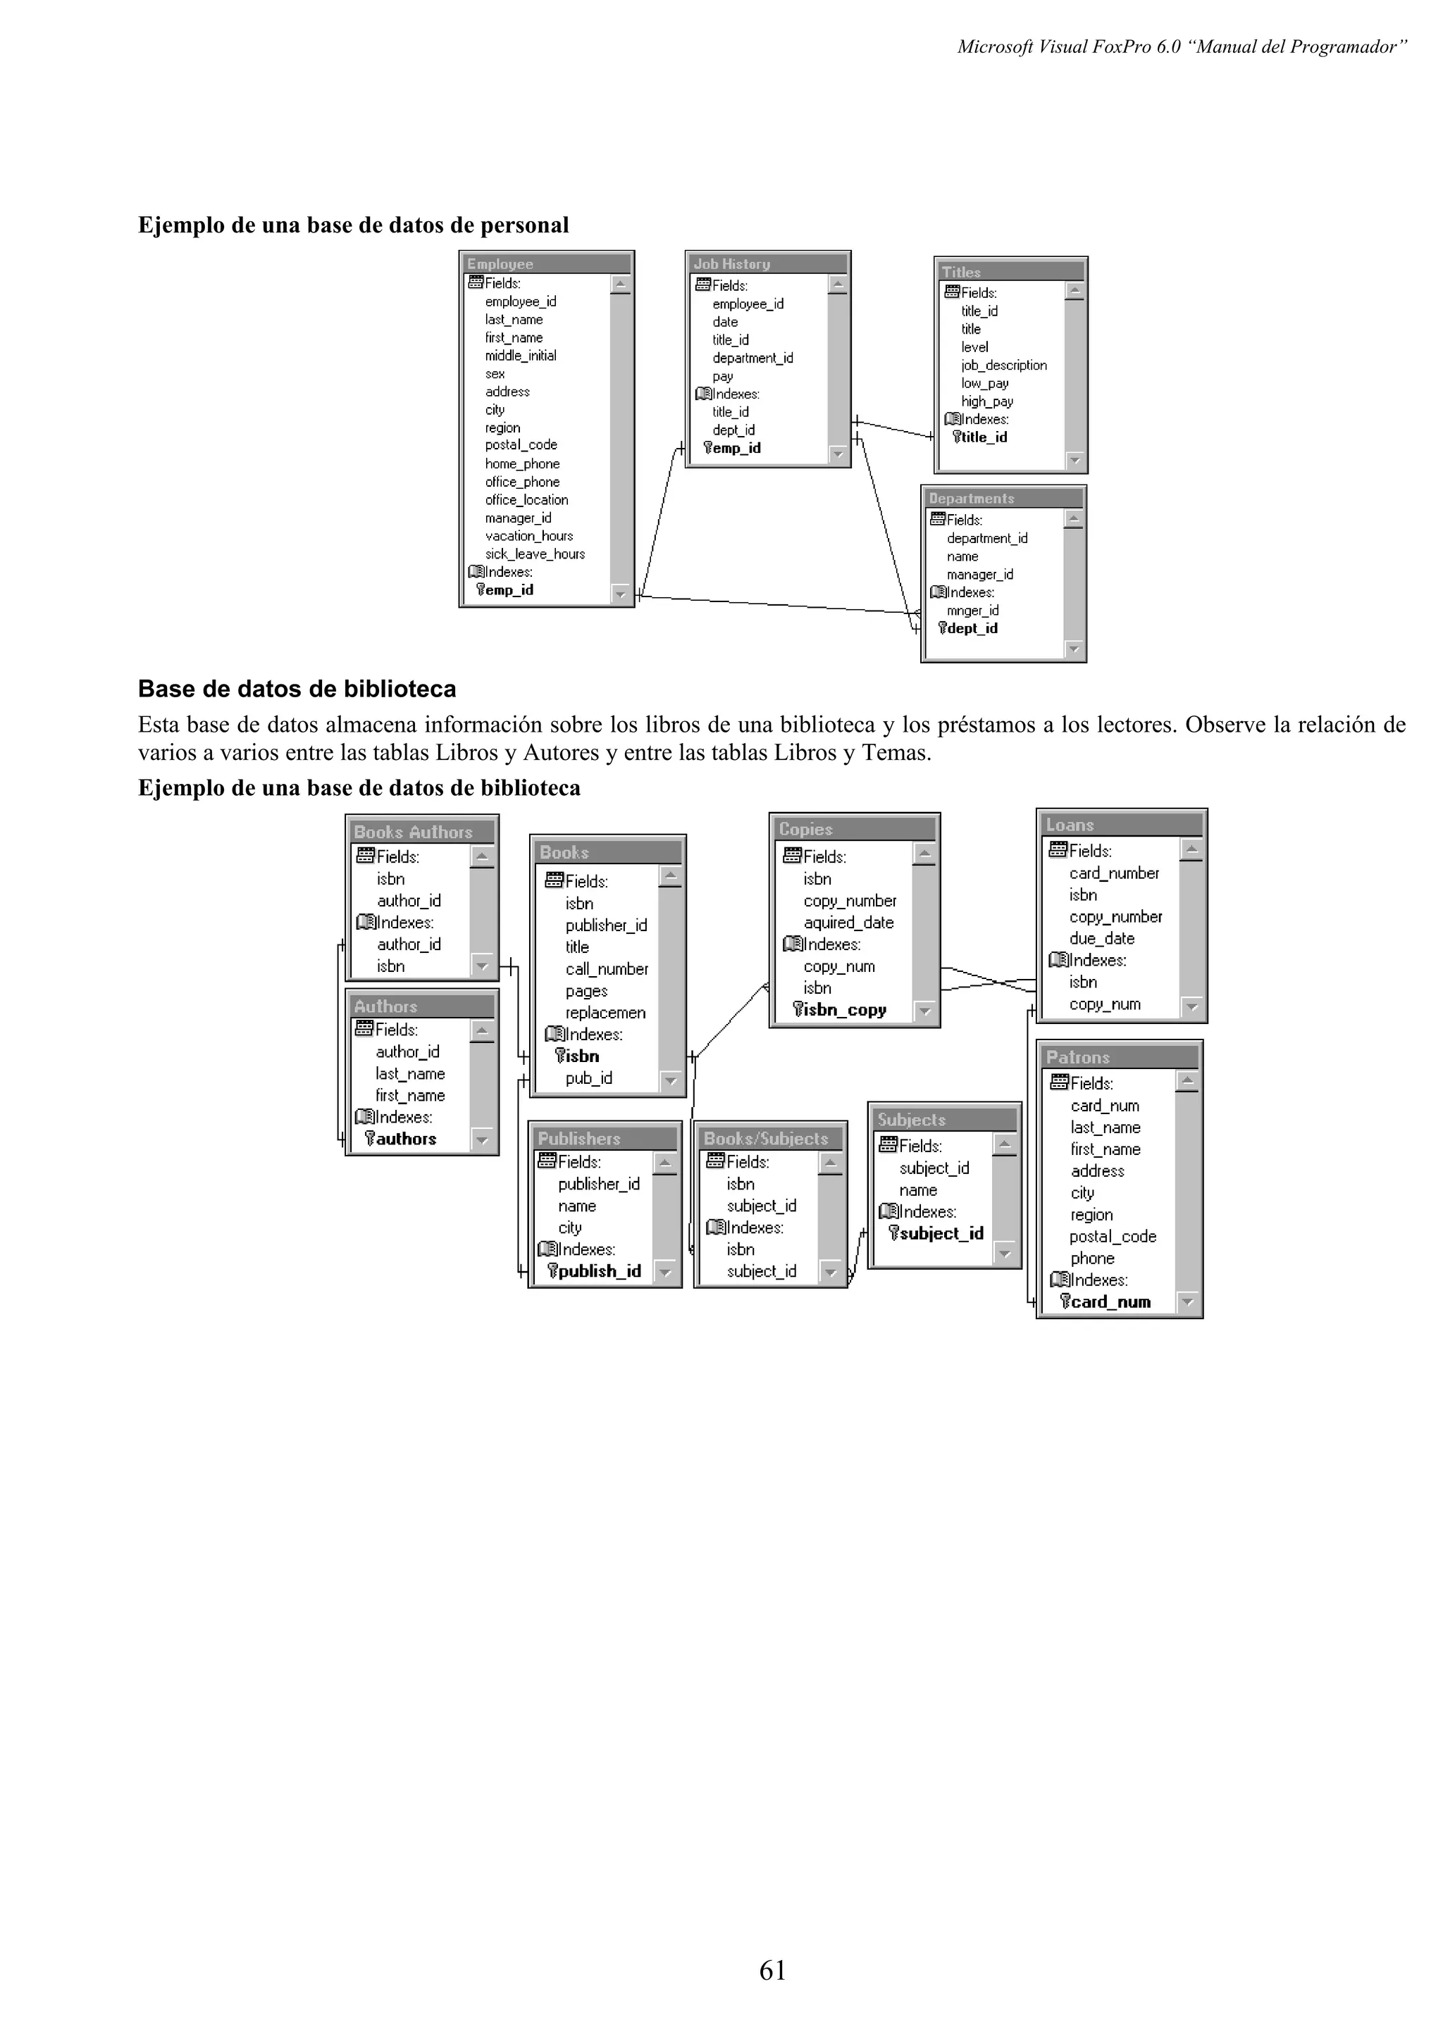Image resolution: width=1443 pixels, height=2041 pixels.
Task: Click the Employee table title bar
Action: (x=500, y=264)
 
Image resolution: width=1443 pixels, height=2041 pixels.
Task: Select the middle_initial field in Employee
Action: (x=521, y=356)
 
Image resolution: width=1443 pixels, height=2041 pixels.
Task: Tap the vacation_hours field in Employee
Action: (x=529, y=536)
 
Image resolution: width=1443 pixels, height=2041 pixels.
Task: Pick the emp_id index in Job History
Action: (x=736, y=448)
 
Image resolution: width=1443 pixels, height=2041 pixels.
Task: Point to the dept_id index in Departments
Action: (x=972, y=628)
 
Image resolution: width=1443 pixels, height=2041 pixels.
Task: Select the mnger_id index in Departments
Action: (x=972, y=611)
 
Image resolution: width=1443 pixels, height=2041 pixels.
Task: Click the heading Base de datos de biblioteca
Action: (x=297, y=689)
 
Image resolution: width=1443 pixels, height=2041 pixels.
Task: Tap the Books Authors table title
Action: (x=414, y=832)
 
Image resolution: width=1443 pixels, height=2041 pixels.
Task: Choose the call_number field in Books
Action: (x=607, y=969)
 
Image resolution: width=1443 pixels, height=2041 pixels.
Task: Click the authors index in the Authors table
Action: (x=405, y=1139)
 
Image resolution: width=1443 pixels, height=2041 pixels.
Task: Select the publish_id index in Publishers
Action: (x=599, y=1271)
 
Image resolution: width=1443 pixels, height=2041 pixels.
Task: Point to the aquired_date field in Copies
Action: (x=848, y=923)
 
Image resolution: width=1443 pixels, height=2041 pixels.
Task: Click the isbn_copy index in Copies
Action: (x=845, y=1010)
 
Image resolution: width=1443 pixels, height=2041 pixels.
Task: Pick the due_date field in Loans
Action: (x=1101, y=939)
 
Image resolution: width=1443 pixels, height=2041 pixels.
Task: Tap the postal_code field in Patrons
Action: (x=1113, y=1237)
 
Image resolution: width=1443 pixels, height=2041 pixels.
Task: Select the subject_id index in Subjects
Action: (x=941, y=1234)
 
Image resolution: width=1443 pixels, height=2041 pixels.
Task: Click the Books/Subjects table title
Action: (x=765, y=1139)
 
